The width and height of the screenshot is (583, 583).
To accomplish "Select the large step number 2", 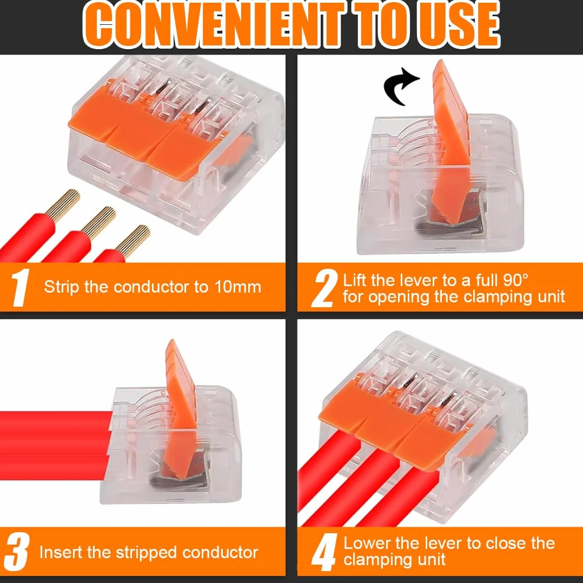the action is pos(324,289).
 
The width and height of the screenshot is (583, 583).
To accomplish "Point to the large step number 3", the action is pos(16,552).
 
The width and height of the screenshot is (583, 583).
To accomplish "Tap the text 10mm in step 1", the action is pos(237,287).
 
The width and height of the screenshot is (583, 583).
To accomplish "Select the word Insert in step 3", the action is pos(61,553).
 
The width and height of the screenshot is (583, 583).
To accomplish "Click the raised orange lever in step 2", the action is pos(451,141).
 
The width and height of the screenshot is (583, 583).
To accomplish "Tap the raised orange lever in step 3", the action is pos(181,408).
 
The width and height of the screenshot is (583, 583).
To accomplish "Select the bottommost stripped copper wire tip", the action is pos(132,241).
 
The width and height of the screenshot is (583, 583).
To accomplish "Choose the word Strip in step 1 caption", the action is pos(61,287).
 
